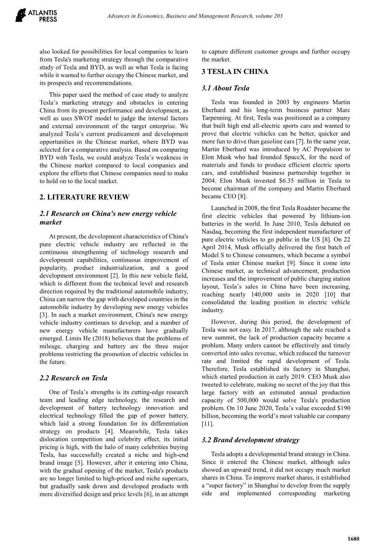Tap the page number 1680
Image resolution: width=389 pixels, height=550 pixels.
point(354,539)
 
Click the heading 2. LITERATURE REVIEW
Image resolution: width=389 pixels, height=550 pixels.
point(85,197)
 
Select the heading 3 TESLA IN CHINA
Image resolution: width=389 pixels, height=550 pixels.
point(235,71)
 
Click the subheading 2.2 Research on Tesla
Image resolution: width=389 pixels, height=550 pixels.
point(73,378)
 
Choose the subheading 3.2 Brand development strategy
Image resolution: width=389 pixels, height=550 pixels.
point(250,440)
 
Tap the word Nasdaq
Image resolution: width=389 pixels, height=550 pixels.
point(212,232)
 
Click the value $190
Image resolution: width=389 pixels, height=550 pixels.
point(343,408)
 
